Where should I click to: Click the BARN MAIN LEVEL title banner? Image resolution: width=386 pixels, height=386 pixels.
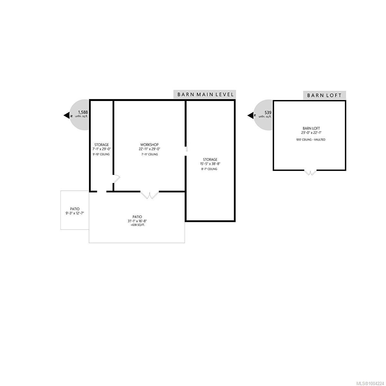(x=205, y=94)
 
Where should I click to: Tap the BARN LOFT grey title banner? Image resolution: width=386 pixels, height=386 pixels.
(x=325, y=95)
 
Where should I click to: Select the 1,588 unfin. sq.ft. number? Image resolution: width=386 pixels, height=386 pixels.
(x=83, y=112)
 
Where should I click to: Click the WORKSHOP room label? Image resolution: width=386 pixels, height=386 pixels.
(x=149, y=145)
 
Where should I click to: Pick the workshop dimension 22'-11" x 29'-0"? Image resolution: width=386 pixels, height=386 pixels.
(x=149, y=149)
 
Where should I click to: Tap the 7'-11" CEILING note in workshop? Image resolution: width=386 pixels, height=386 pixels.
(x=149, y=154)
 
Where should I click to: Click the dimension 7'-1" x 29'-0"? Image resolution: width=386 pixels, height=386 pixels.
(x=102, y=149)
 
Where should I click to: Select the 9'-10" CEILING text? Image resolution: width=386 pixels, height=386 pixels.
(x=101, y=154)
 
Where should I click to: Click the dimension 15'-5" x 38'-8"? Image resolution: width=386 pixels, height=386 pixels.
(x=210, y=164)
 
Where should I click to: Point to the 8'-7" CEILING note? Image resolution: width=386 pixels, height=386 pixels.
(x=210, y=169)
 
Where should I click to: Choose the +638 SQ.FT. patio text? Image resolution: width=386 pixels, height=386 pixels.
(x=137, y=225)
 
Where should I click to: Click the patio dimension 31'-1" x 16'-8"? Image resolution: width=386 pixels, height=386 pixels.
(x=137, y=221)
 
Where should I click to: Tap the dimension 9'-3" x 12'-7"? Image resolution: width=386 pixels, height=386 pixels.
(x=75, y=213)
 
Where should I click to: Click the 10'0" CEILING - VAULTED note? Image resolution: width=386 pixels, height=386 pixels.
(x=311, y=140)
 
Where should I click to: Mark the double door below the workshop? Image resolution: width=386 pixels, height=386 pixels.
(x=150, y=195)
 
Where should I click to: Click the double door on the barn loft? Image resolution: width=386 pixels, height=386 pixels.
(x=310, y=173)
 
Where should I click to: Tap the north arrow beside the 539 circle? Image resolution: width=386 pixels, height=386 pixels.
(x=250, y=115)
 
